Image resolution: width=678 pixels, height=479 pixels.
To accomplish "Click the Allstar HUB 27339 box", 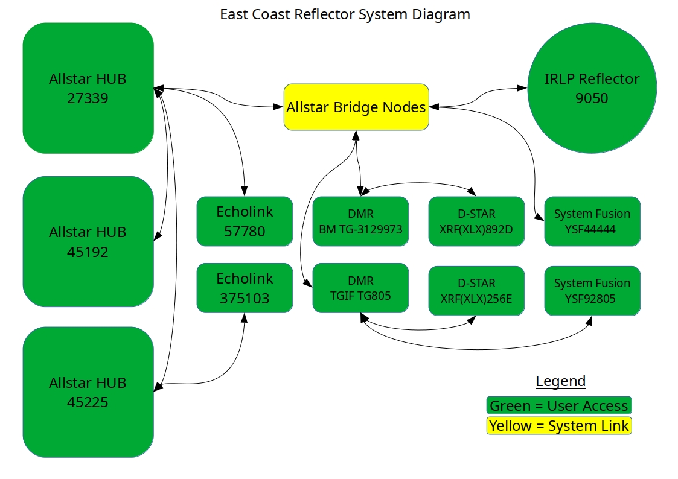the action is [88, 88].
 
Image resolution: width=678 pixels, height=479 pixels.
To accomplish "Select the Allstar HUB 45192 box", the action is [88, 241].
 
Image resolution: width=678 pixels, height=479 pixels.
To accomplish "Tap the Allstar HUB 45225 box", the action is [88, 392].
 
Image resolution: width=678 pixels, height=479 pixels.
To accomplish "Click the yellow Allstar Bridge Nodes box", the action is [356, 107].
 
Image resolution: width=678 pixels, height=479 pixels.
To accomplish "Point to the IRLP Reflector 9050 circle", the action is [592, 88].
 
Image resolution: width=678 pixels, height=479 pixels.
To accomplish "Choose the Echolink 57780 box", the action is [245, 221].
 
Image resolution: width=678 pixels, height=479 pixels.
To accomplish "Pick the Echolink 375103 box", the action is [245, 288].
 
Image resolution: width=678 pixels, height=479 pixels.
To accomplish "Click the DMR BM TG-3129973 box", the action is [360, 221].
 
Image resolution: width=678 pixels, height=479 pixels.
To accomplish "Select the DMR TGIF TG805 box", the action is [360, 288].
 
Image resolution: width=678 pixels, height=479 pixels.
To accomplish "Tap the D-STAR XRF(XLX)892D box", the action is [476, 221].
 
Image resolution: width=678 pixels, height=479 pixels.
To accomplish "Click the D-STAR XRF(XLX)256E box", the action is [476, 291].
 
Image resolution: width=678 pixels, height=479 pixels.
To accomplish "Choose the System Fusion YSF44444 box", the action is [592, 221].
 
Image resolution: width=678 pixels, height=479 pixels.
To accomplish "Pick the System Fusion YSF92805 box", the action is [592, 291].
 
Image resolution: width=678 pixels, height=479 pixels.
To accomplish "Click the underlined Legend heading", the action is [561, 381].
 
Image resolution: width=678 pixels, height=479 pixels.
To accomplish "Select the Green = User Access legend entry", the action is [559, 405].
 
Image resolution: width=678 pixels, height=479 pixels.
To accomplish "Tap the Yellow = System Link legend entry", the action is [559, 426].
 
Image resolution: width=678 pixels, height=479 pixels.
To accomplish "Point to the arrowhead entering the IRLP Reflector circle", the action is [522, 88].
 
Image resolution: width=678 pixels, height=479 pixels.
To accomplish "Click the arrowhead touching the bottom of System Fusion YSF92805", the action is [589, 321].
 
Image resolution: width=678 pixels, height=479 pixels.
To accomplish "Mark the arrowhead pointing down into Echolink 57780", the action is [245, 191].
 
